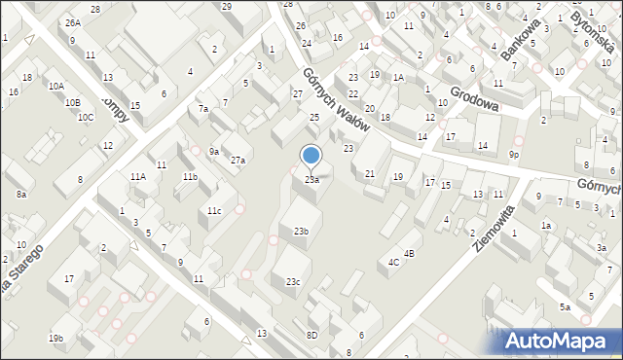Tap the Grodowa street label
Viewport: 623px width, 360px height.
click(474, 98)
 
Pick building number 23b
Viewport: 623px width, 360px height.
click(301, 231)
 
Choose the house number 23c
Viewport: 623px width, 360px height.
click(293, 281)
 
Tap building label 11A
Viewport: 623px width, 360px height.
click(138, 176)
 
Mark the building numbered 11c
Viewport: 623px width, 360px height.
click(214, 211)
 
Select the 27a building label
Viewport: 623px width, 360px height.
click(238, 160)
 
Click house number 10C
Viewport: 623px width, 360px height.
click(87, 118)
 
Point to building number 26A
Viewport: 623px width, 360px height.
click(73, 21)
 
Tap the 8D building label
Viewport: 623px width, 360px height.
click(311, 335)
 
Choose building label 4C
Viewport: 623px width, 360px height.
click(394, 262)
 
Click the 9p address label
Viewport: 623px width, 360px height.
click(514, 155)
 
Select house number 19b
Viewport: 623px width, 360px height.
click(55, 338)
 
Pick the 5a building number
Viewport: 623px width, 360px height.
click(565, 307)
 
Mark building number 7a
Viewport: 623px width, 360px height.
click(203, 109)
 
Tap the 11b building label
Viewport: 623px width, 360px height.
click(190, 177)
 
